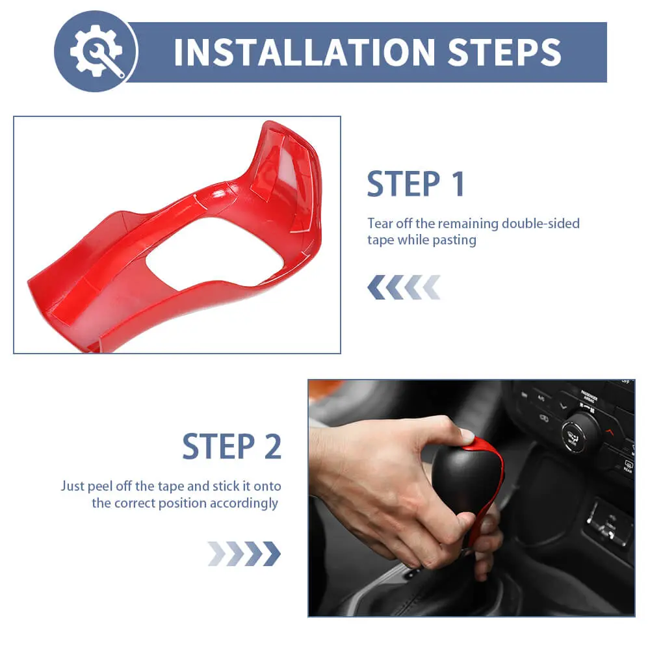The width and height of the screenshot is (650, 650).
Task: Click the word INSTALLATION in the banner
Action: [305, 52]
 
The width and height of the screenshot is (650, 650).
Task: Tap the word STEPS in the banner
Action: [504, 52]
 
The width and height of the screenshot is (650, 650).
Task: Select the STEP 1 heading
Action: [416, 184]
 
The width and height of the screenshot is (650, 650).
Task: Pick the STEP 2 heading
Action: [232, 447]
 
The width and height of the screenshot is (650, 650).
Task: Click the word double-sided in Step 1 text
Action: [541, 224]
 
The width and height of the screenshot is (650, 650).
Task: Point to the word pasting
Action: [454, 240]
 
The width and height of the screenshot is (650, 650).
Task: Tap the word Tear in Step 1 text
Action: [380, 224]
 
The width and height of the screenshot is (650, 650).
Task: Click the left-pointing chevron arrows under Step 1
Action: [404, 287]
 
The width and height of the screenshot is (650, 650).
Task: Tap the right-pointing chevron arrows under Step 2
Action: [244, 553]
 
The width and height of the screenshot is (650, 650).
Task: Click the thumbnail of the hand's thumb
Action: [467, 436]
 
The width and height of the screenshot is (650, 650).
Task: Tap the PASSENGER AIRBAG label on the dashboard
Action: [589, 396]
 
